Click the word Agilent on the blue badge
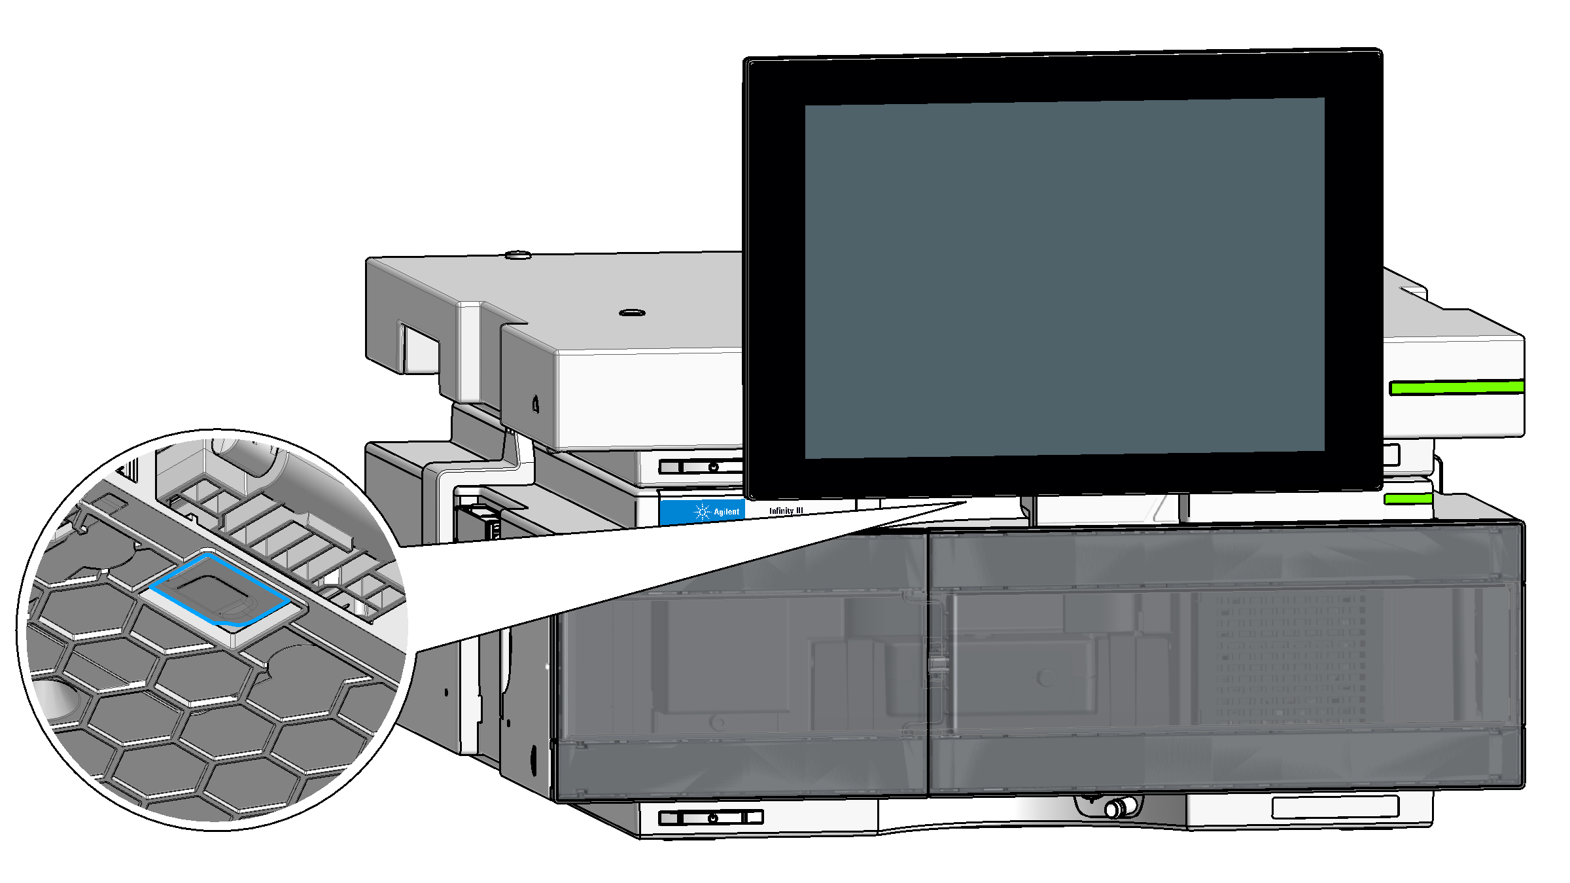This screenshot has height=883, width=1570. tap(726, 512)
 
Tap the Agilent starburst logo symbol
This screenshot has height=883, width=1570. tap(702, 511)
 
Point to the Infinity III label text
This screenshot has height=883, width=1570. tap(786, 511)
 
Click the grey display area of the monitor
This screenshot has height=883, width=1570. tap(1064, 278)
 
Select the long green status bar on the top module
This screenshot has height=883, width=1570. tap(1457, 387)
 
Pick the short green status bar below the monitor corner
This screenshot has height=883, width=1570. tap(1408, 499)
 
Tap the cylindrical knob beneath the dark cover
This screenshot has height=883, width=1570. tap(1120, 808)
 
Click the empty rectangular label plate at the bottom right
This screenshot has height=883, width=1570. tap(1335, 807)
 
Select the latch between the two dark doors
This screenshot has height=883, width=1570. tap(938, 666)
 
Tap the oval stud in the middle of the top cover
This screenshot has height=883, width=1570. tap(632, 313)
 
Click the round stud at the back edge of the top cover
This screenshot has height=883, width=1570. tap(518, 255)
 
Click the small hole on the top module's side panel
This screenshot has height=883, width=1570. tap(536, 404)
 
